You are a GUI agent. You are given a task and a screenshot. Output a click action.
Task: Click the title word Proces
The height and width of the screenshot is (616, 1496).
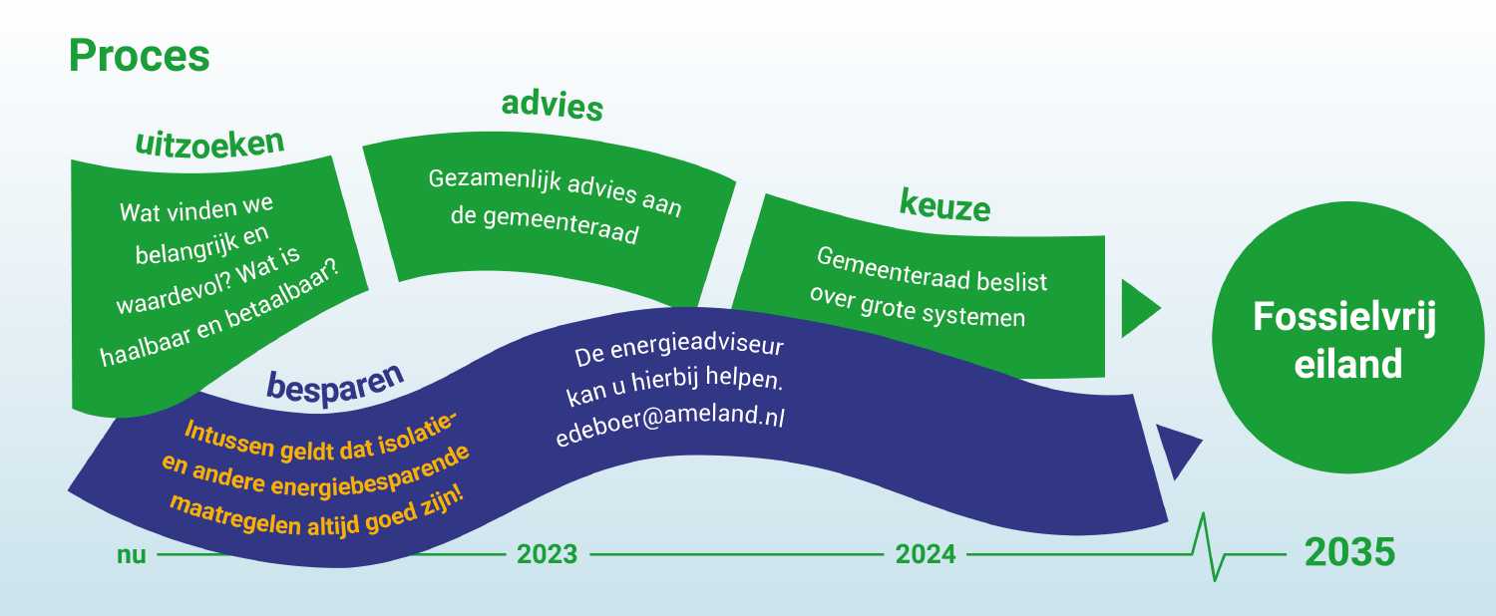click(x=139, y=57)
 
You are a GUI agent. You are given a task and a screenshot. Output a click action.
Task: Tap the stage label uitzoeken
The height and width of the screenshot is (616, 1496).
click(x=209, y=143)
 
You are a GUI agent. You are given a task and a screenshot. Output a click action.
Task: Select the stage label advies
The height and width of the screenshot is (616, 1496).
click(x=553, y=106)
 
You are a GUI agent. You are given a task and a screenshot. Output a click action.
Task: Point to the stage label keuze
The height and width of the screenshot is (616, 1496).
click(x=944, y=205)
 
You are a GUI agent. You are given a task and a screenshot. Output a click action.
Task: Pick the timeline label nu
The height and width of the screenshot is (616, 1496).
click(x=131, y=554)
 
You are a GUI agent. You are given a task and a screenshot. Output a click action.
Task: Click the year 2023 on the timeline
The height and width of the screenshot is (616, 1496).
click(x=547, y=554)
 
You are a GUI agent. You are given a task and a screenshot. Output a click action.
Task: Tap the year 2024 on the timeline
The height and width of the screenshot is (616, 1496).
click(x=926, y=554)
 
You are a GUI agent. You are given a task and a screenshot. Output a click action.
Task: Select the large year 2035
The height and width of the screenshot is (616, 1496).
click(x=1349, y=552)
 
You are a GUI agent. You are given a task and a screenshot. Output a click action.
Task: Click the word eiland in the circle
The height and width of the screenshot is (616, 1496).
click(x=1347, y=365)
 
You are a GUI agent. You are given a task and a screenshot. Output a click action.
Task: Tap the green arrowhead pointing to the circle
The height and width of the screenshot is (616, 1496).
click(x=1140, y=308)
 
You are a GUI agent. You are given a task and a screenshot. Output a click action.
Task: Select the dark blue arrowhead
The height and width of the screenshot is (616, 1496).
click(x=1178, y=449)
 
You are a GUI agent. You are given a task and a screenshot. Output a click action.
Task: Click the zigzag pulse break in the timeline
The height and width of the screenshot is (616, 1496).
click(x=1211, y=547)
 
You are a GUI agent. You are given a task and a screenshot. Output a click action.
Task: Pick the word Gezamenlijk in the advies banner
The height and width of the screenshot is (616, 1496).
click(x=495, y=180)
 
